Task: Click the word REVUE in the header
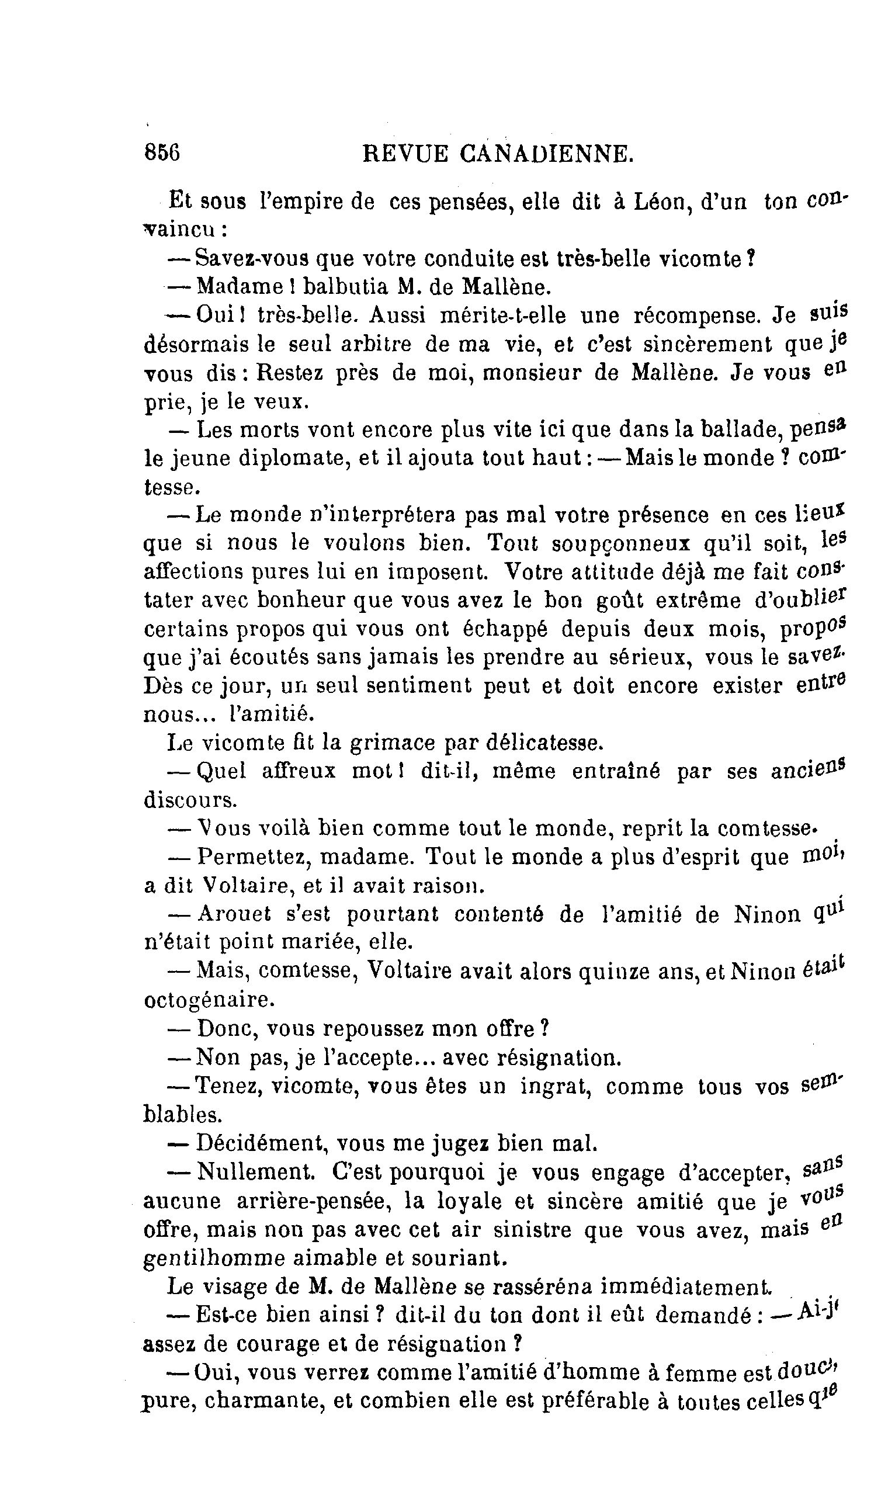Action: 405,154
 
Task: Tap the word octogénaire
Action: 209,1000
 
